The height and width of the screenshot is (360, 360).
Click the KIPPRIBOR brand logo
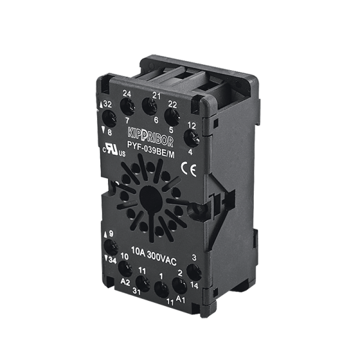[151, 138]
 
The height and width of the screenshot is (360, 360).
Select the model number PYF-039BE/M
[151, 149]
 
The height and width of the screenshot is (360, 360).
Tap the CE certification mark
[189, 169]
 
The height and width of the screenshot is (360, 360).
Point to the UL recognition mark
[114, 149]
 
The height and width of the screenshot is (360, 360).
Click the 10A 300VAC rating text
[154, 256]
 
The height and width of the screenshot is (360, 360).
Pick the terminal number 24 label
[127, 94]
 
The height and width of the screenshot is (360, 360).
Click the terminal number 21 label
[157, 96]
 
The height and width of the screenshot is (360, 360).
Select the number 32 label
[107, 104]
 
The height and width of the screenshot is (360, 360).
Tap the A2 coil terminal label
[125, 282]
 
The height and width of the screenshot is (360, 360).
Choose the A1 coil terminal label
[181, 299]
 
